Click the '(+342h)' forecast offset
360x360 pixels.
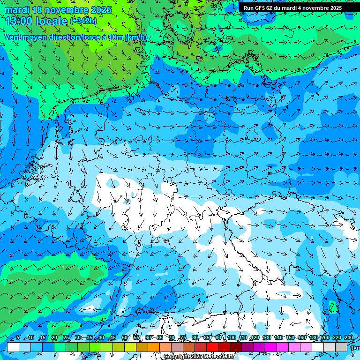coord(83,21)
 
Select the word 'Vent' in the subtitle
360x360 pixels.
coord(14,37)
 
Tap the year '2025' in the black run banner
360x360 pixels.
coord(333,8)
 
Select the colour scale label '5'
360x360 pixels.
coord(18,337)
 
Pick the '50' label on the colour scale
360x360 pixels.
coord(125,337)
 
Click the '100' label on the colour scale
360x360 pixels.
coord(231,337)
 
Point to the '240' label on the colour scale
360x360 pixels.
coord(349,337)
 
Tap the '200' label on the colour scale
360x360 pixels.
coord(325,337)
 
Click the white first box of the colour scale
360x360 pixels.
coord(13,347)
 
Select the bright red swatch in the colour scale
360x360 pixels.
coord(212,347)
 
